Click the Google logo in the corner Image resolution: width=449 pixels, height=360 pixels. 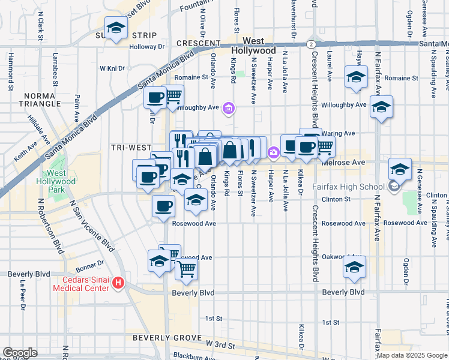[x=20, y=353]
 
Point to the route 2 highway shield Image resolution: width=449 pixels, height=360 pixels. [x=310, y=44]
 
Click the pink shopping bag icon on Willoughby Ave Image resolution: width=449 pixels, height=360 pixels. [x=228, y=109]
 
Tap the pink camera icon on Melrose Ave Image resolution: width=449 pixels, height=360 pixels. [x=274, y=153]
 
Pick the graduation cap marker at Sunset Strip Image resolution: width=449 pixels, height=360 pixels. [x=115, y=27]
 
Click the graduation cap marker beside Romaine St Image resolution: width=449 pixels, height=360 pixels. [x=356, y=77]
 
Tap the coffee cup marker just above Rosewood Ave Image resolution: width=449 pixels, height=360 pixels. [x=163, y=206]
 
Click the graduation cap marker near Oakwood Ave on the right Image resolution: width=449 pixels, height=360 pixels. [x=354, y=267]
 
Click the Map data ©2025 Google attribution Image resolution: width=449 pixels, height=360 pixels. [x=411, y=355]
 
